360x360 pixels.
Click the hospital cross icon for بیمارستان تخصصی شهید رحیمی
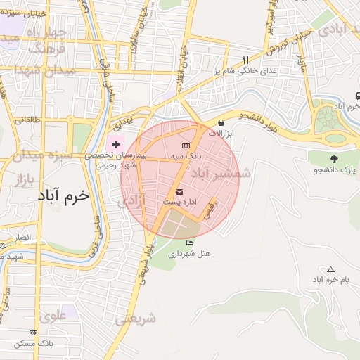point(116,143)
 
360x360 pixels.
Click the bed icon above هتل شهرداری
point(188,243)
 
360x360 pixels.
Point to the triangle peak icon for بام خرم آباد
point(330,269)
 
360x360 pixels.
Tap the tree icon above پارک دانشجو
point(333,159)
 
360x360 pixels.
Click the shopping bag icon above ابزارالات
point(221,122)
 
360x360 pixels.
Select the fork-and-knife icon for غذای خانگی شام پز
point(245,60)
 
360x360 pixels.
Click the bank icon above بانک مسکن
point(33,332)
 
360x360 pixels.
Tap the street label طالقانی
point(29,120)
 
